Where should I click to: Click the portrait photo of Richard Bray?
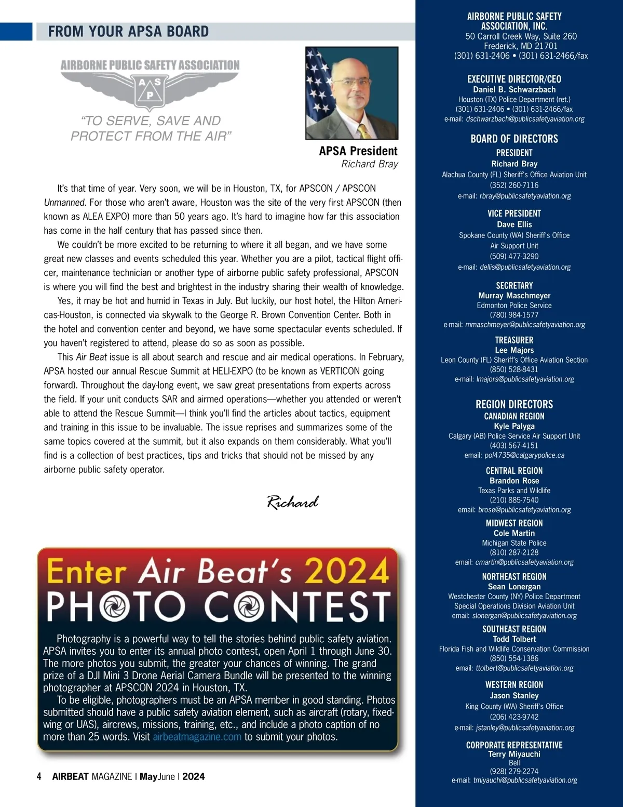click(x=352, y=93)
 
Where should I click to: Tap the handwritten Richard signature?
click(x=293, y=502)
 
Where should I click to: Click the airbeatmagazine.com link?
click(x=197, y=737)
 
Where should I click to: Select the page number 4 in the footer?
click(x=39, y=776)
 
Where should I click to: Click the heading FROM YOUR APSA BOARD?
click(x=128, y=32)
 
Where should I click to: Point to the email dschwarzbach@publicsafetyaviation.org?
click(x=525, y=119)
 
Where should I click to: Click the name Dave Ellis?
click(x=514, y=224)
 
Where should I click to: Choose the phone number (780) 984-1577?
click(x=514, y=315)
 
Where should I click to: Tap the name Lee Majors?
click(x=514, y=350)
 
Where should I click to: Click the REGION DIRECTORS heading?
click(x=514, y=404)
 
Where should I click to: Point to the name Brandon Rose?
click(x=514, y=481)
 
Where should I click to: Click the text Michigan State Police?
click(x=514, y=543)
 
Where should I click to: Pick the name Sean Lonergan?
click(x=514, y=587)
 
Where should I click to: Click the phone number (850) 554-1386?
click(x=514, y=658)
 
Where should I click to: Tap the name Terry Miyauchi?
click(x=514, y=754)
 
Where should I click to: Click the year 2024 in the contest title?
click(x=346, y=571)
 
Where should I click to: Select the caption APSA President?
click(x=358, y=151)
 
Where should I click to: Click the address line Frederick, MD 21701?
click(x=521, y=46)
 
